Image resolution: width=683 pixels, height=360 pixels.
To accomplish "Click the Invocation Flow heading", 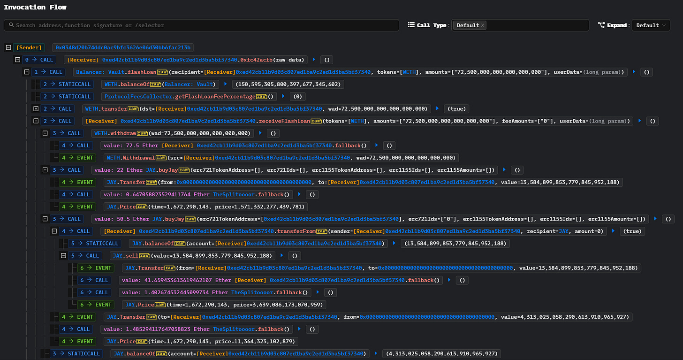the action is (x=35, y=8).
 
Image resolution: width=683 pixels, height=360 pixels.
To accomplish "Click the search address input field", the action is (x=201, y=25).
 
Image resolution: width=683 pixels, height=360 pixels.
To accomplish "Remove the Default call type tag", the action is (x=482, y=25).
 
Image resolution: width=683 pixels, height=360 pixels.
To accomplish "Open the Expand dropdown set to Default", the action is (x=651, y=25).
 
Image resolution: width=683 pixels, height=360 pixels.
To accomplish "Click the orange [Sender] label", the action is (x=29, y=47).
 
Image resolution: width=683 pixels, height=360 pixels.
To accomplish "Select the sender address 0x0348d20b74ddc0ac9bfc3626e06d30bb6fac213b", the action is (x=123, y=47).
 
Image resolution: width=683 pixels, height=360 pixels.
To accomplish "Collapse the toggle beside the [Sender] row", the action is (x=8, y=47).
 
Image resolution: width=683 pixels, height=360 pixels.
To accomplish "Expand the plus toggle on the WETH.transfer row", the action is (x=36, y=108).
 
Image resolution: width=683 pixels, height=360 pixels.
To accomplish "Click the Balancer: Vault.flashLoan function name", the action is (x=122, y=72).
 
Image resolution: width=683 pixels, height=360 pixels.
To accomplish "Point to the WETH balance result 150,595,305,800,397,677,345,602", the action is (x=288, y=84).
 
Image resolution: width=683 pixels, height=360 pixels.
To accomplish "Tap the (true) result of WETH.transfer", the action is (x=456, y=108).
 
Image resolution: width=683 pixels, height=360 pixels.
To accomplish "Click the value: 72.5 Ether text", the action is (x=131, y=146).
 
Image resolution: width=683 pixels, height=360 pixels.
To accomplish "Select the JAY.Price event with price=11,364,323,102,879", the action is (x=201, y=341).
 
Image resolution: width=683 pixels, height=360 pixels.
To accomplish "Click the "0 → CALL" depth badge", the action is (x=39, y=60).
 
